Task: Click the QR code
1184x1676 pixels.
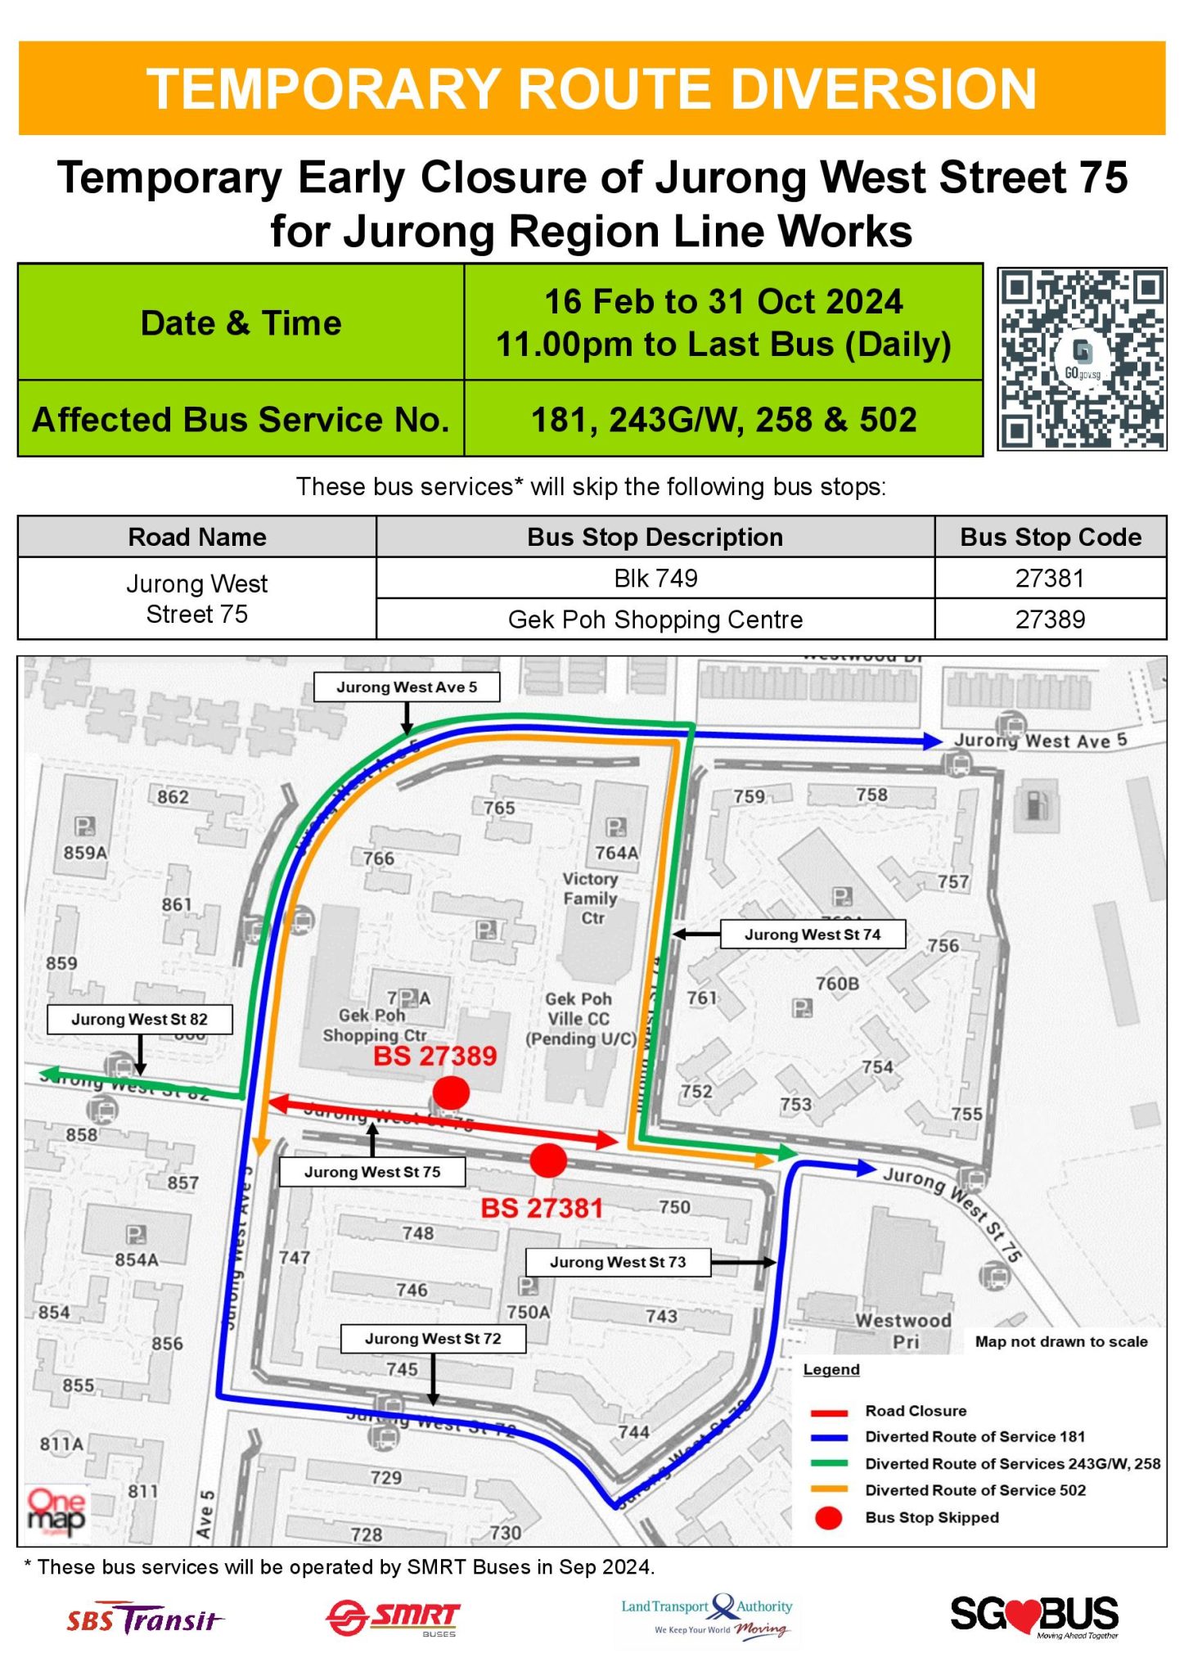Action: coord(1082,359)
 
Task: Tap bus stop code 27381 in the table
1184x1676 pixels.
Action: coord(1050,579)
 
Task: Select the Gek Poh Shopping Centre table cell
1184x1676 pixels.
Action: coord(655,619)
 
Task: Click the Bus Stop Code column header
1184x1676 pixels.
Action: coord(1050,537)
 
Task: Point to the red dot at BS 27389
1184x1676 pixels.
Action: coord(451,1091)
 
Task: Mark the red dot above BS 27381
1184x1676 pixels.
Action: coord(548,1160)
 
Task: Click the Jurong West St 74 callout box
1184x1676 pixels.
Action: coord(813,935)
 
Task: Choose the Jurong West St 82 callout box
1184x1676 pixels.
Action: coord(139,1019)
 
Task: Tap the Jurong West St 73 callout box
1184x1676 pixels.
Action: coord(618,1262)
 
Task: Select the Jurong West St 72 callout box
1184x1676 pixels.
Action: coord(433,1339)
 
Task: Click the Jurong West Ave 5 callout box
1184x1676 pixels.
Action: coord(407,687)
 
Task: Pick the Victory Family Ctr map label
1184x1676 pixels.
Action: coord(591,898)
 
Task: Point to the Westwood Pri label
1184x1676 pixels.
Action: coord(903,1331)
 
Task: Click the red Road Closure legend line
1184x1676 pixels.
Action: coord(829,1412)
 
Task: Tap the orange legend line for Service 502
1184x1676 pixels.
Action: coord(829,1490)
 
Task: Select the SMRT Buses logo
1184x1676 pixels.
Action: coord(394,1618)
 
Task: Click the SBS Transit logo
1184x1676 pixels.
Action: coord(145,1618)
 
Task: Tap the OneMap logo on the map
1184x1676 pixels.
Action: coord(56,1512)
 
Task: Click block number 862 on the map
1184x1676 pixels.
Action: coord(173,797)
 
